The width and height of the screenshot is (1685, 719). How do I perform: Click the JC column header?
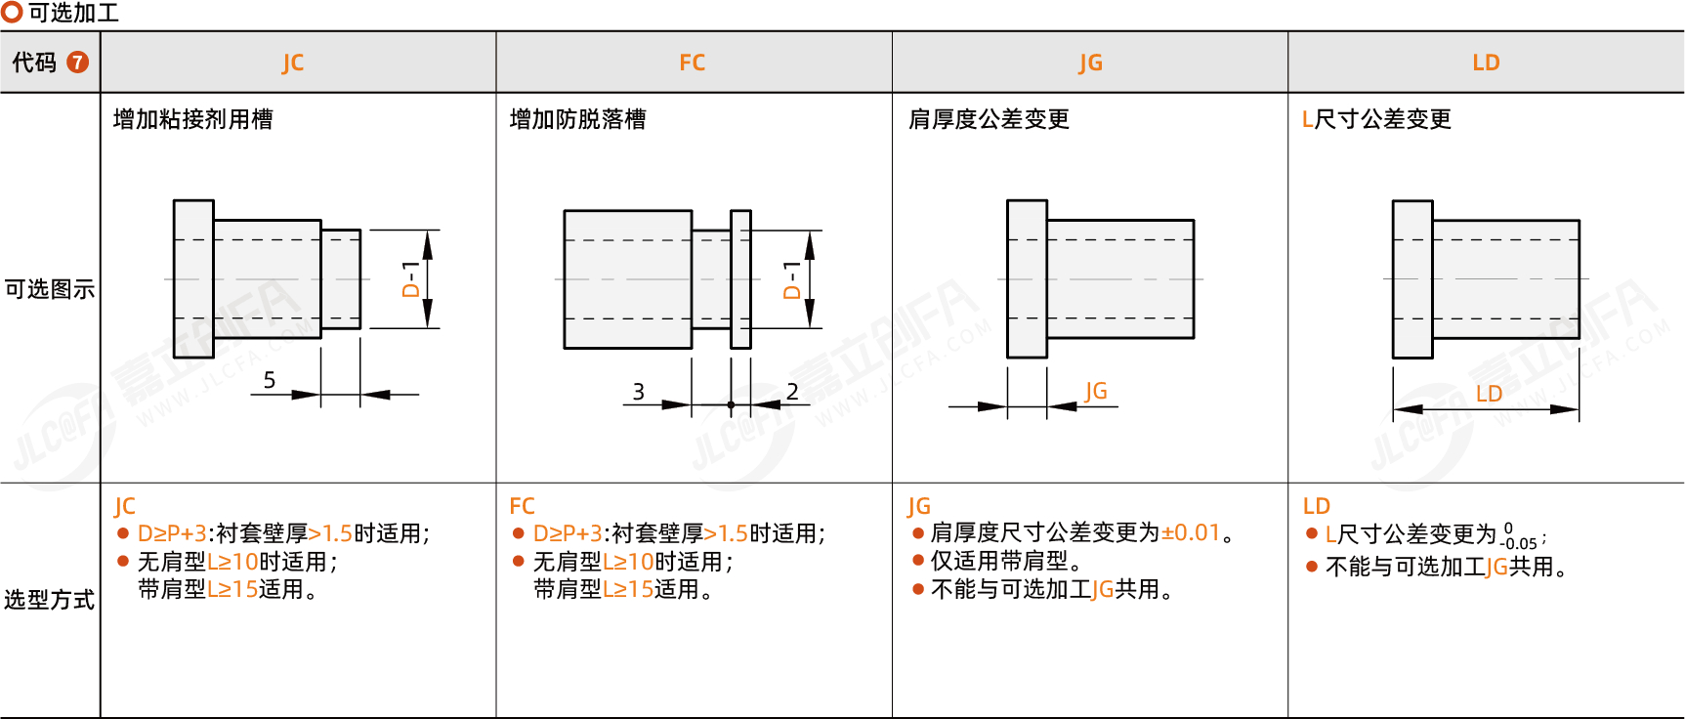click(x=293, y=63)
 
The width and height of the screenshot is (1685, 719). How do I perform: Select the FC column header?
click(x=692, y=63)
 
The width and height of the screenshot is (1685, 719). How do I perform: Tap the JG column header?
click(x=1090, y=63)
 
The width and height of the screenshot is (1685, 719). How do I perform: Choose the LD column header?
click(x=1486, y=63)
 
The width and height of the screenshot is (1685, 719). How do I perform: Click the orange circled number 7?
click(x=77, y=63)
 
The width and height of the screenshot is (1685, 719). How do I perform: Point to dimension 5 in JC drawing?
click(x=270, y=380)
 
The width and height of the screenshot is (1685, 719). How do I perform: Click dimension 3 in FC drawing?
click(x=638, y=392)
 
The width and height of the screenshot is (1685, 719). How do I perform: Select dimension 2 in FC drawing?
click(x=792, y=392)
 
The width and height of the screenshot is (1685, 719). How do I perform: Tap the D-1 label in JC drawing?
click(x=410, y=279)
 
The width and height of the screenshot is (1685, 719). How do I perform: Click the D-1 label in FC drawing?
click(x=792, y=279)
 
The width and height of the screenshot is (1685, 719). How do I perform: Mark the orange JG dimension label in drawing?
click(x=1096, y=391)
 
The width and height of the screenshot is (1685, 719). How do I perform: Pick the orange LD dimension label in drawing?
click(x=1489, y=394)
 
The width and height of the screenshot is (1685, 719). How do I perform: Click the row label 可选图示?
click(x=50, y=289)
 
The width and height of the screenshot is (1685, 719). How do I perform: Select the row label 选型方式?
click(x=50, y=600)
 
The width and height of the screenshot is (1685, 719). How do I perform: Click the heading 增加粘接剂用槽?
click(x=193, y=119)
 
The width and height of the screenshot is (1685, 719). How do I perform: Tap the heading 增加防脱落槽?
click(x=577, y=119)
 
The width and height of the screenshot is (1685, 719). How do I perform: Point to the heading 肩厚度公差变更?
click(x=989, y=119)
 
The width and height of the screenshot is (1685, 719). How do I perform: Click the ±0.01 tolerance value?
click(x=1191, y=532)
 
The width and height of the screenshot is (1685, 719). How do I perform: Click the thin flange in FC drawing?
click(x=740, y=279)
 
